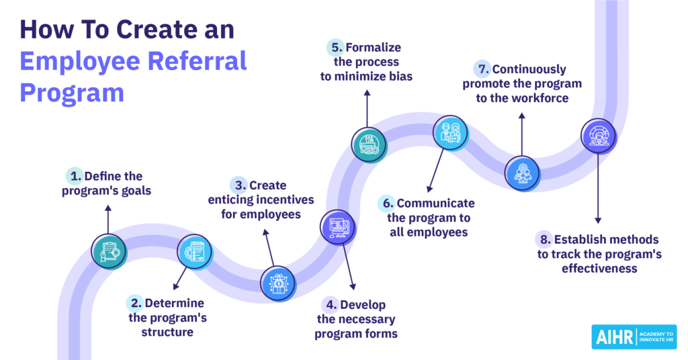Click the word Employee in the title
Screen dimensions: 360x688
[x=74, y=61]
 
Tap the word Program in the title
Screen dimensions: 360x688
[x=72, y=92]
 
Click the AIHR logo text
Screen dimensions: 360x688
[x=614, y=336]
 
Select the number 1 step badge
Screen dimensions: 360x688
[x=75, y=177]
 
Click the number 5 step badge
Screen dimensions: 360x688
[x=337, y=48]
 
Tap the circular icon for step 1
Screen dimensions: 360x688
[x=109, y=251]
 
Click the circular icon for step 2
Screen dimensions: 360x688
[x=195, y=252]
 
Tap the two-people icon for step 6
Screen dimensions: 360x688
[x=449, y=132]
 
